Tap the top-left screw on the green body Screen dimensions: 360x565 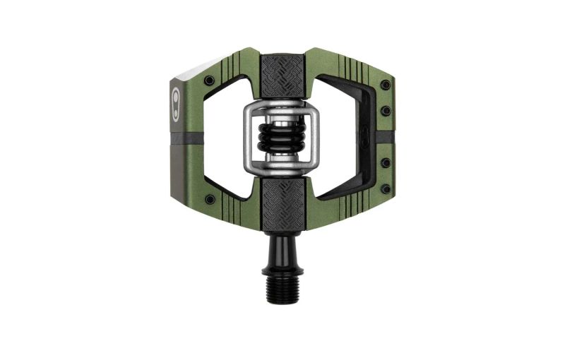click(210, 80)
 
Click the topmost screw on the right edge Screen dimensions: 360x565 click(385, 85)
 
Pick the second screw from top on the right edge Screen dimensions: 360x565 click(385, 111)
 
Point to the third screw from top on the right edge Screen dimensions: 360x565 click(386, 162)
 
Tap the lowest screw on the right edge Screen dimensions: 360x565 click(385, 188)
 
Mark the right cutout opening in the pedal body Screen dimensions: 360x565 click(346, 134)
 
